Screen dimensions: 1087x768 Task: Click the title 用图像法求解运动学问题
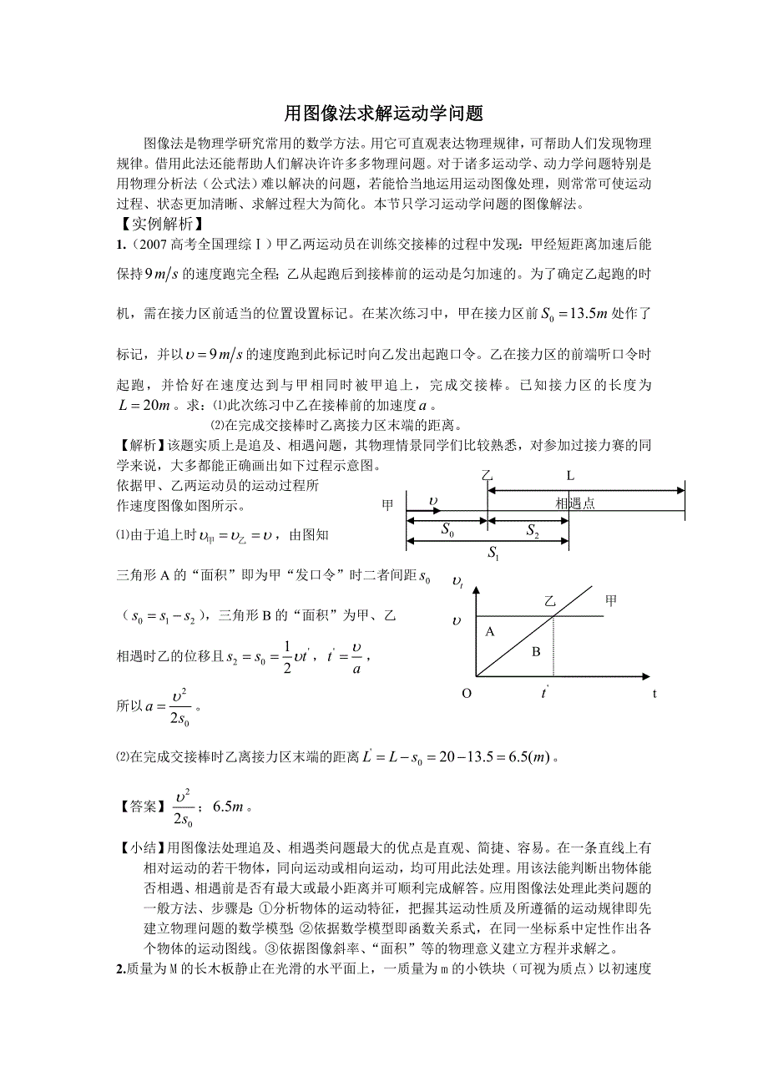(x=383, y=113)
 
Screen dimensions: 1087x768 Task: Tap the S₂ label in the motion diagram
(x=533, y=530)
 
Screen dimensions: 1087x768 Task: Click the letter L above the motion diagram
(x=570, y=476)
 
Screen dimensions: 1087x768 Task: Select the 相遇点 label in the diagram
(x=574, y=503)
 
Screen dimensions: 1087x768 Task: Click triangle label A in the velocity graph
(x=490, y=632)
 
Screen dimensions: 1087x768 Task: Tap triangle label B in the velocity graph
(x=536, y=650)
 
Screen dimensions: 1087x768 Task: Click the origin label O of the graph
(x=466, y=692)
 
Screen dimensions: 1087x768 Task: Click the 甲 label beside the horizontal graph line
(x=612, y=600)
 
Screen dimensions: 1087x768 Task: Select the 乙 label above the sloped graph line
(x=549, y=601)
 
